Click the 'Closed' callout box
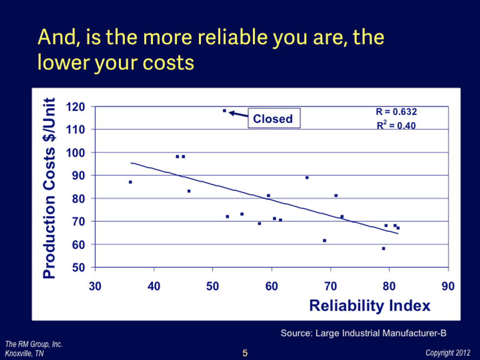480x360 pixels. tap(273, 119)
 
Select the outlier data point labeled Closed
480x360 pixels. tap(224, 111)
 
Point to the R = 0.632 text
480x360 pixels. tap(396, 112)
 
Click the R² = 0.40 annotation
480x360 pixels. tap(396, 125)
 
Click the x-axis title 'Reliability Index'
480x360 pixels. tap(369, 306)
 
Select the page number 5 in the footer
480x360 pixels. tap(245, 353)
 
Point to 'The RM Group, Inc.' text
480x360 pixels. tap(34, 344)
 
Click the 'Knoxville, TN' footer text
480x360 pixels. tap(24, 354)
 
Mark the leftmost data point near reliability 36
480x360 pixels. tap(130, 182)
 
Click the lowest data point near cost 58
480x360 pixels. tap(384, 248)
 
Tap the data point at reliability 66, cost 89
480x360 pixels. tap(307, 177)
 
